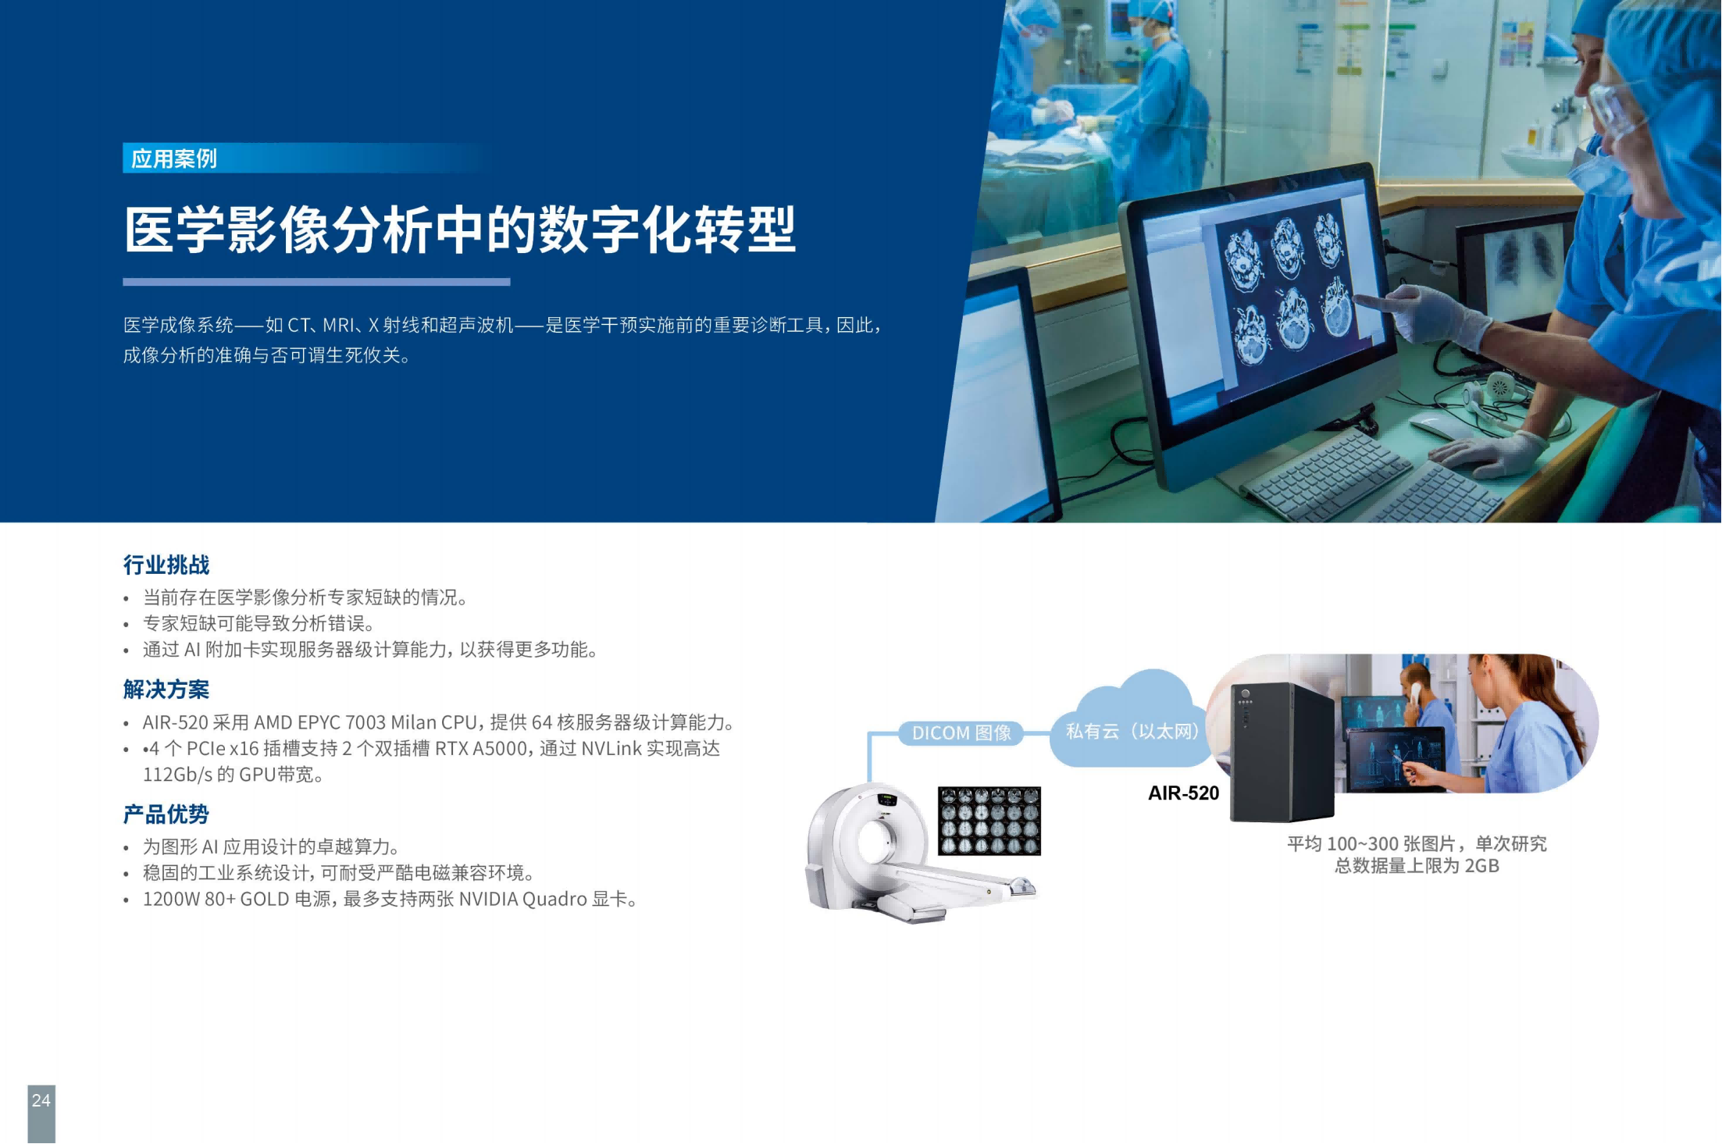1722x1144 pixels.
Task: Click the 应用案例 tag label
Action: pyautogui.click(x=173, y=159)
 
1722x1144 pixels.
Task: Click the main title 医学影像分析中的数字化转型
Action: pyautogui.click(x=460, y=230)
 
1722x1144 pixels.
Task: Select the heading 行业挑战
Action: pyautogui.click(x=166, y=565)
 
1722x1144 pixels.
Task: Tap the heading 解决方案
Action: pyautogui.click(x=166, y=690)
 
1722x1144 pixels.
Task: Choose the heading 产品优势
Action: pyautogui.click(x=166, y=814)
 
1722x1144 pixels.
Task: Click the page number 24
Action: pyautogui.click(x=41, y=1100)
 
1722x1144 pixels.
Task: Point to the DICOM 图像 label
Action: pyautogui.click(x=961, y=733)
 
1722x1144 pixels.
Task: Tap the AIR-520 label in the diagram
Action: pyautogui.click(x=1183, y=793)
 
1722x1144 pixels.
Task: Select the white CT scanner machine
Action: pyautogui.click(x=918, y=854)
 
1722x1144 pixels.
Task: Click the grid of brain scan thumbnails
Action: pyautogui.click(x=989, y=821)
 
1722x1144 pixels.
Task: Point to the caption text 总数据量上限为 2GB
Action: pyautogui.click(x=1417, y=866)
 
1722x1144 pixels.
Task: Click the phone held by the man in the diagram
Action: pyautogui.click(x=1414, y=694)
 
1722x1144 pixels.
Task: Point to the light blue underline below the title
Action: pyautogui.click(x=316, y=282)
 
